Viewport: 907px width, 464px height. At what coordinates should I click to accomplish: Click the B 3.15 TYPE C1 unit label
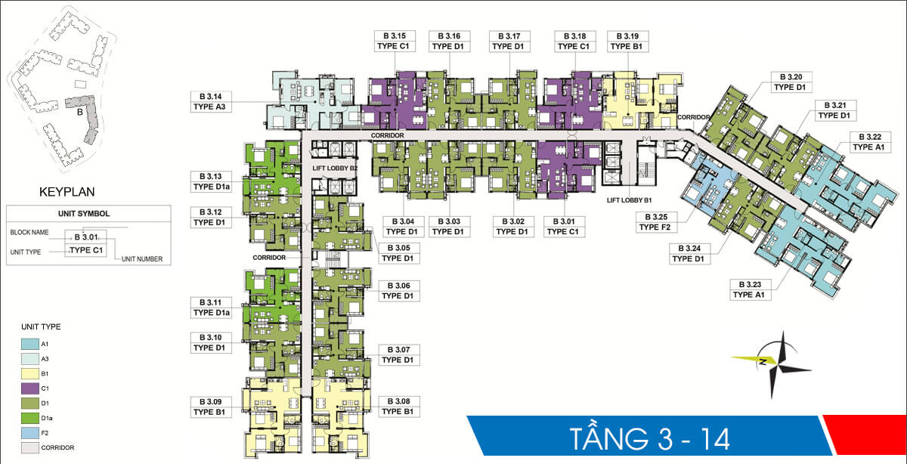[x=394, y=41]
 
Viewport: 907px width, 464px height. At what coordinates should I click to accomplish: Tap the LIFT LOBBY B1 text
[x=629, y=202]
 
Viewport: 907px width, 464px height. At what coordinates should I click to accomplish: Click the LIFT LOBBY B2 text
[x=334, y=169]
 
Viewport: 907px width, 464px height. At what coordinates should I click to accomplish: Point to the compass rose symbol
[x=781, y=364]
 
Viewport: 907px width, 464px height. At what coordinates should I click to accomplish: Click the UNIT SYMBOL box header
[x=89, y=214]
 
